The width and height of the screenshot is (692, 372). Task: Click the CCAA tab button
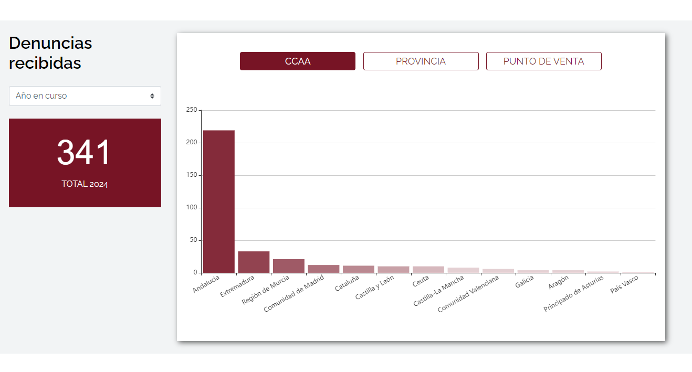(298, 61)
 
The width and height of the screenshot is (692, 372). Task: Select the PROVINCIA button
(421, 61)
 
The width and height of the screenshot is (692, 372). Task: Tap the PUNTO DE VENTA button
(544, 61)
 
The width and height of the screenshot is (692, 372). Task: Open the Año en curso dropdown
(85, 96)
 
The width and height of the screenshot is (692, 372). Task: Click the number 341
(83, 152)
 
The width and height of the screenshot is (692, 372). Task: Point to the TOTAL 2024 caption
(85, 184)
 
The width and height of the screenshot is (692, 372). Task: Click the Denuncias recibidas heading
(50, 53)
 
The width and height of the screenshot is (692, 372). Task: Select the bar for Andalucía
(219, 202)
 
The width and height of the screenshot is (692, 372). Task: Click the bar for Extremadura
(254, 262)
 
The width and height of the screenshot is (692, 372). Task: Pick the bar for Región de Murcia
(289, 266)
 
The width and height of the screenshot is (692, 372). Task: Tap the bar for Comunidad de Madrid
(323, 269)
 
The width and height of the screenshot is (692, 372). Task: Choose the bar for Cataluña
(359, 270)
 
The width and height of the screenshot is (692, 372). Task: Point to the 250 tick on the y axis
(192, 110)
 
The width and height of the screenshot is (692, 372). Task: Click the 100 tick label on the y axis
(192, 207)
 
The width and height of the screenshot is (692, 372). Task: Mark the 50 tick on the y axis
(193, 240)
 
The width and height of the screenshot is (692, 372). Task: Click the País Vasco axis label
(624, 284)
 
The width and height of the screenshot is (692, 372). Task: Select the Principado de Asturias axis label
(573, 293)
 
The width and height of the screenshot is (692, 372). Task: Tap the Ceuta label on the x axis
(421, 281)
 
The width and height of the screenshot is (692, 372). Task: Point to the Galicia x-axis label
(525, 282)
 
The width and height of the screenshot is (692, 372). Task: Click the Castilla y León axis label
(374, 287)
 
